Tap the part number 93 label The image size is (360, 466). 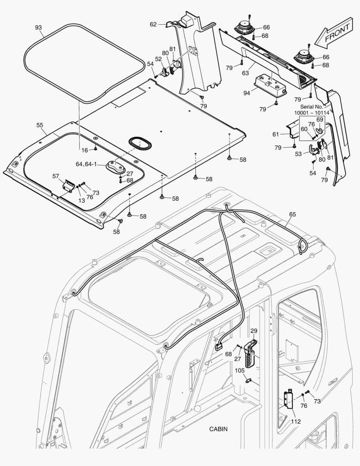pyautogui.click(x=38, y=28)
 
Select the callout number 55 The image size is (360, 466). pyautogui.click(x=40, y=125)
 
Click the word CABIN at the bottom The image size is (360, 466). pyautogui.click(x=218, y=429)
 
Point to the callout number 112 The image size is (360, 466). pyautogui.click(x=295, y=421)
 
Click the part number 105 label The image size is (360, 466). pyautogui.click(x=240, y=371)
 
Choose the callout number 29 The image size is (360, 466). pyautogui.click(x=254, y=331)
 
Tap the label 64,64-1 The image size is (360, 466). pyautogui.click(x=87, y=164)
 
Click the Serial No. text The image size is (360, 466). pyautogui.click(x=312, y=107)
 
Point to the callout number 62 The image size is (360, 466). pyautogui.click(x=153, y=25)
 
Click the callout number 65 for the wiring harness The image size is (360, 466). pyautogui.click(x=292, y=214)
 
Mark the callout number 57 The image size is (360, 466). pyautogui.click(x=56, y=176)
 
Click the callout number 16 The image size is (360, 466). pyautogui.click(x=85, y=150)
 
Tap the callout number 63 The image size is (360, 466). pyautogui.click(x=245, y=73)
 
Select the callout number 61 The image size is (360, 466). pyautogui.click(x=276, y=135)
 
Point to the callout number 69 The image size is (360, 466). pyautogui.click(x=319, y=120)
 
